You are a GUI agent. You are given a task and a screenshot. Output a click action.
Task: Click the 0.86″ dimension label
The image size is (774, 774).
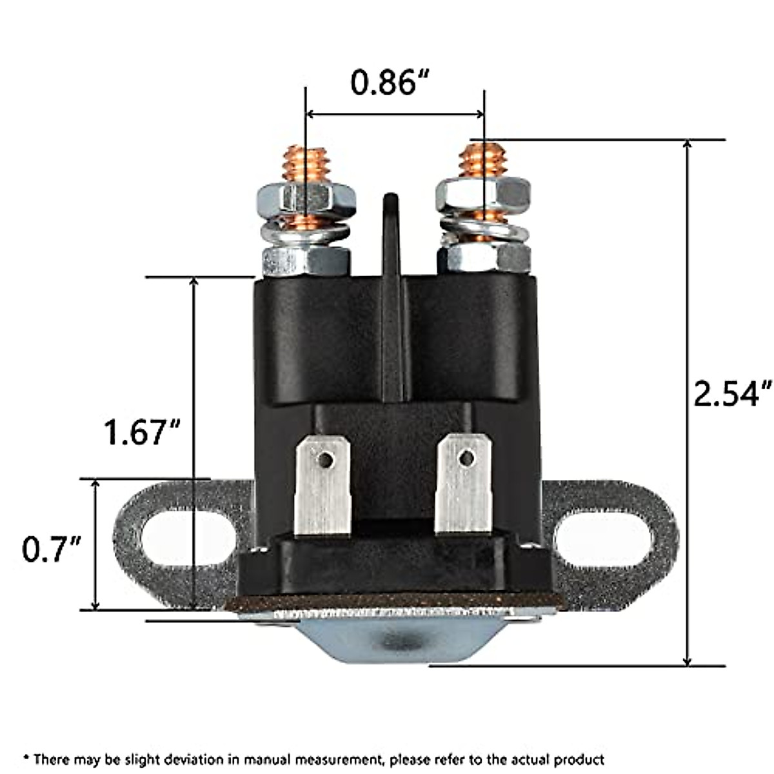pyautogui.click(x=390, y=82)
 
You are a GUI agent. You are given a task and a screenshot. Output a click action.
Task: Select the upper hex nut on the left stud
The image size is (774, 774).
pyautogui.click(x=306, y=197)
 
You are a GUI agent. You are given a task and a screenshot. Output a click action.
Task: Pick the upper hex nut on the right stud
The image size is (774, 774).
pyautogui.click(x=483, y=193)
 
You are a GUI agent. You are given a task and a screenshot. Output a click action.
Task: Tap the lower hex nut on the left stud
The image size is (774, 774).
pyautogui.click(x=306, y=261)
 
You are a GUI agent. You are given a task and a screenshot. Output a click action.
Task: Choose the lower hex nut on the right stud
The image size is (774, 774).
pyautogui.click(x=484, y=258)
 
